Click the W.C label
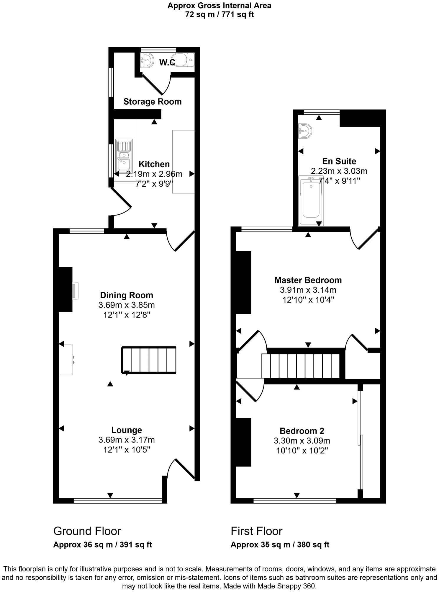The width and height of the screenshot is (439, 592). (167, 63)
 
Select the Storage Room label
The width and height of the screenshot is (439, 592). (152, 102)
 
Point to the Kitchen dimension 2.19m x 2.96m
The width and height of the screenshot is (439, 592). (154, 174)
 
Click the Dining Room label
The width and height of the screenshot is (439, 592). (127, 295)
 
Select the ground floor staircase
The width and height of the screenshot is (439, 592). (149, 360)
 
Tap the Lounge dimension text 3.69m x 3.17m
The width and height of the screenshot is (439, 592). (127, 440)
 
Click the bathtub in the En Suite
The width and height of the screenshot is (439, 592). (311, 200)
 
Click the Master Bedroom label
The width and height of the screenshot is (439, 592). (308, 280)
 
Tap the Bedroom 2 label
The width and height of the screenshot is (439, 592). (302, 431)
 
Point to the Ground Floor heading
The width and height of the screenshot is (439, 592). (87, 531)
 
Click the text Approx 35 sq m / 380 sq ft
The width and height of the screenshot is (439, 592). (280, 545)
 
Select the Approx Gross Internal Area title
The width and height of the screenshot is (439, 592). (219, 6)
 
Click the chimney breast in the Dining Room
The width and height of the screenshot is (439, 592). (65, 289)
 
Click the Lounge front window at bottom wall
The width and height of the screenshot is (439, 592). (117, 500)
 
